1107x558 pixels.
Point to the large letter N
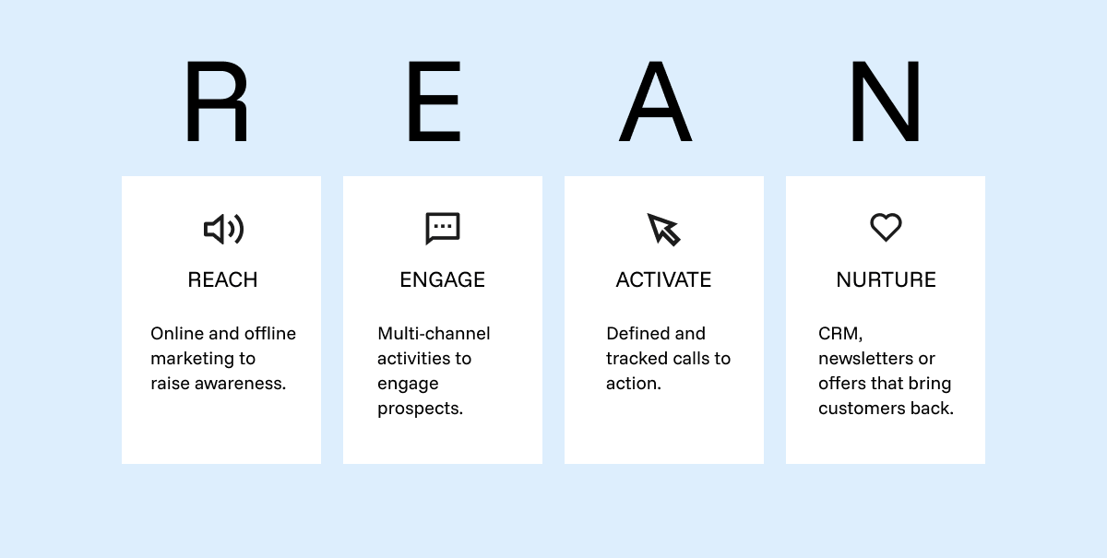coord(886,101)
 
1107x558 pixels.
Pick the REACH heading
coord(222,279)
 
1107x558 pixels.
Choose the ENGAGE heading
coord(442,279)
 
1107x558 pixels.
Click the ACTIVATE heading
coord(663,279)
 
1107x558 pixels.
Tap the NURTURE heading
coord(887,279)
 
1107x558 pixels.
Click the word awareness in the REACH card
coord(240,384)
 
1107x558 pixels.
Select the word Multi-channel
coord(434,334)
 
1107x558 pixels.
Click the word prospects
coord(420,410)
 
